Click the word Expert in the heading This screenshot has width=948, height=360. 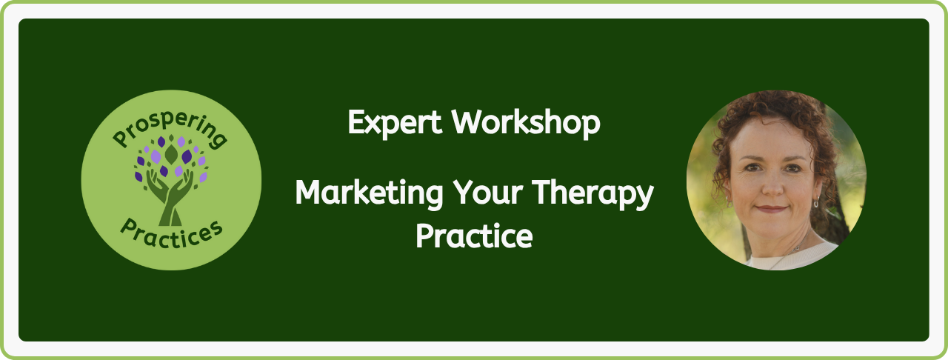tap(395, 123)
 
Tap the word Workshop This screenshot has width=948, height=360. tap(526, 123)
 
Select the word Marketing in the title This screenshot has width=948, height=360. tap(369, 193)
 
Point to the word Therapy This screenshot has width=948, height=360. tap(593, 193)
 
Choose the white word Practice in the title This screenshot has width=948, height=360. tap(474, 236)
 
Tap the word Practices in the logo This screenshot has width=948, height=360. tap(171, 233)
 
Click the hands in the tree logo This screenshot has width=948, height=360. tap(170, 188)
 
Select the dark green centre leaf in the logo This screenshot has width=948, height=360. tap(171, 154)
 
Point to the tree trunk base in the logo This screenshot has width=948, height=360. tap(170, 217)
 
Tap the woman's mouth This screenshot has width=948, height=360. tap(772, 209)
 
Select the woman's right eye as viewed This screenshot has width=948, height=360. tap(792, 169)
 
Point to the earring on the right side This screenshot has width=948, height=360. tap(816, 202)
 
